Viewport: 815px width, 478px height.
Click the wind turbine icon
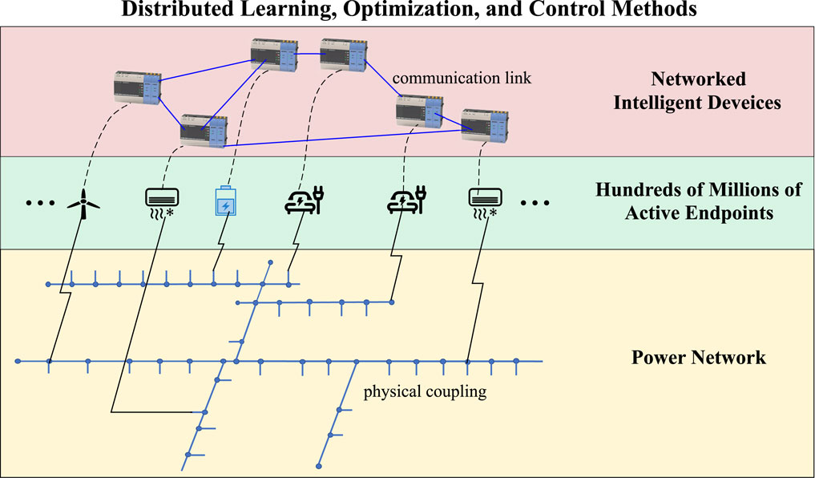click(x=84, y=202)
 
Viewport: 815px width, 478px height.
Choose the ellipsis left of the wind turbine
click(x=38, y=204)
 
